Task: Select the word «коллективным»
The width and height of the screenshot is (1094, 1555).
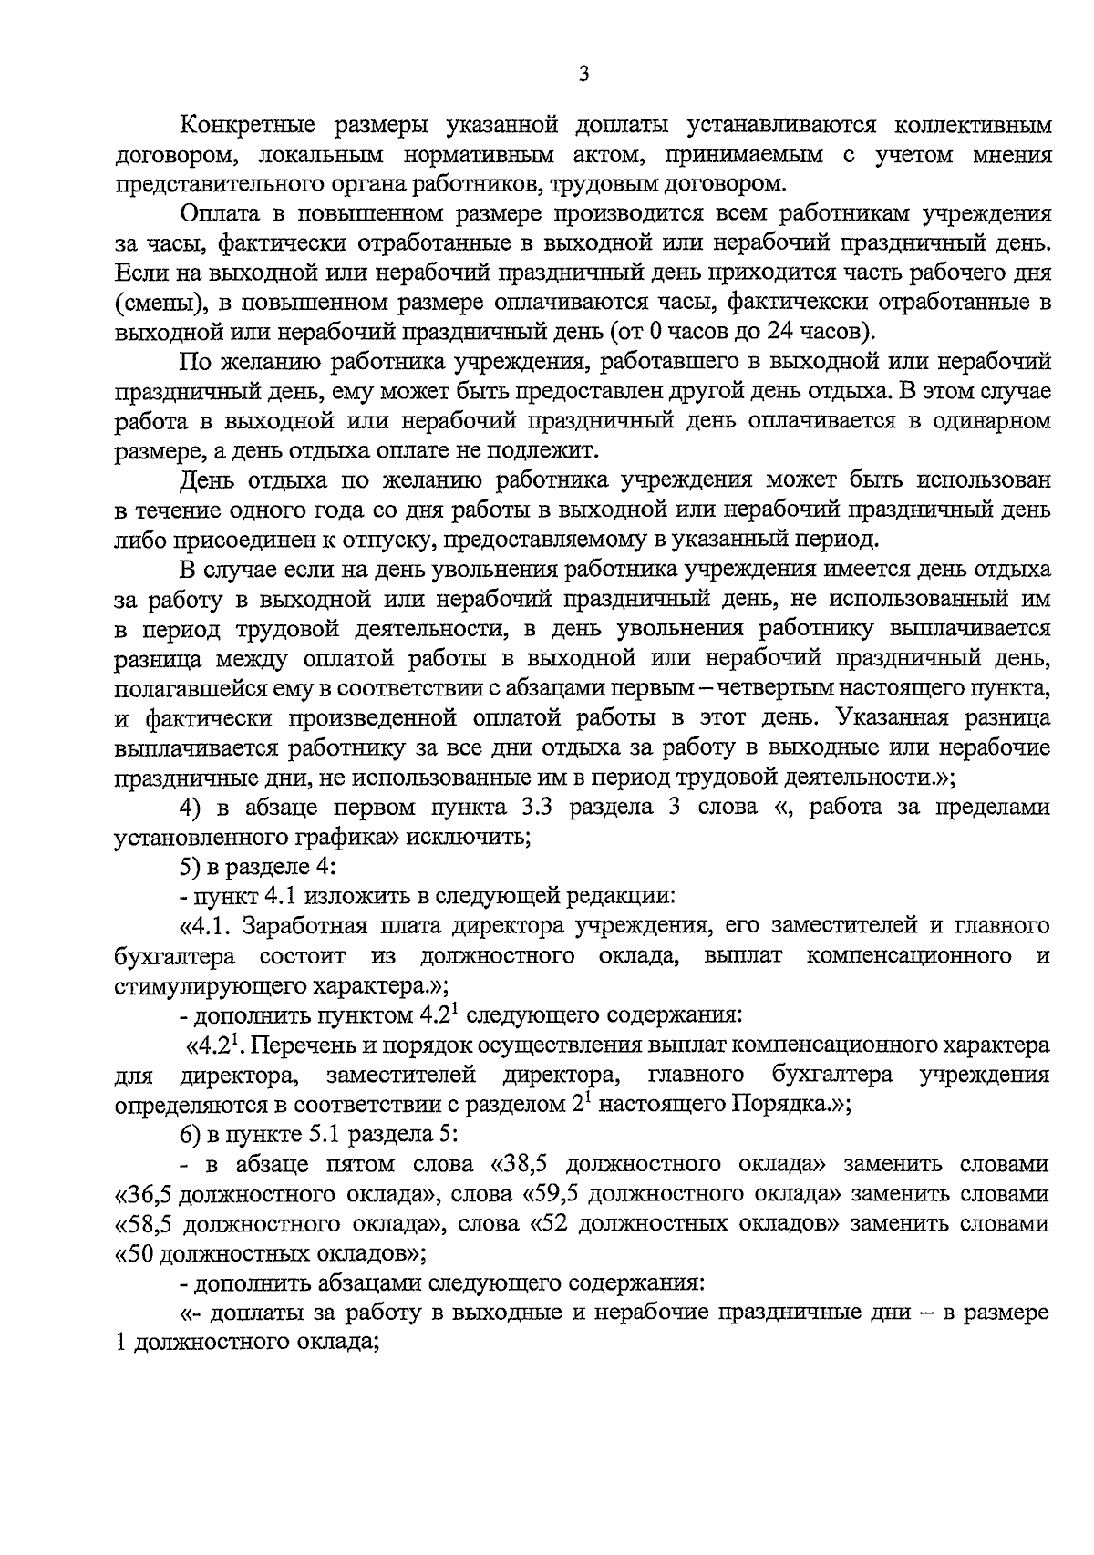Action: (x=974, y=126)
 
